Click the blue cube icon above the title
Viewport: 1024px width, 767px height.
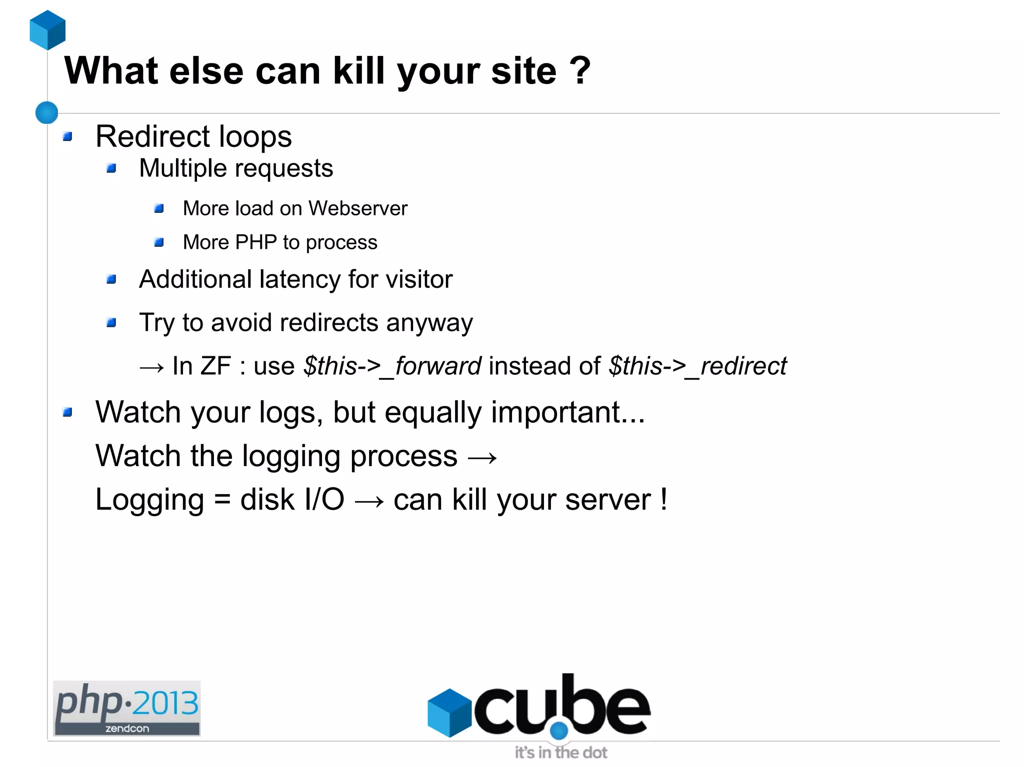[47, 30]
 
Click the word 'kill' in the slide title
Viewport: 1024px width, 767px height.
[358, 70]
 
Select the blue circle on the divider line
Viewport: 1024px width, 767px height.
[47, 112]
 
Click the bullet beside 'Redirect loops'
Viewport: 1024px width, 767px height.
[68, 136]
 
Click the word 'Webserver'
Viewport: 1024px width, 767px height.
[357, 208]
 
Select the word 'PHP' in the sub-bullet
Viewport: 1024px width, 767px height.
[255, 242]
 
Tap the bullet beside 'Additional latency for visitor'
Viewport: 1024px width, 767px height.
[111, 279]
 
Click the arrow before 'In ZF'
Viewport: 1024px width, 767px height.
[152, 367]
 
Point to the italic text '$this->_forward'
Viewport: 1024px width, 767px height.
[392, 366]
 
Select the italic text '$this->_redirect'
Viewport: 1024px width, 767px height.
[697, 366]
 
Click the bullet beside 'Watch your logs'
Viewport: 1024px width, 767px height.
[68, 412]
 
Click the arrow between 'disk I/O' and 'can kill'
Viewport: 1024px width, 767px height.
[369, 501]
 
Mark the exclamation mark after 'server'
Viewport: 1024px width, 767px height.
[663, 499]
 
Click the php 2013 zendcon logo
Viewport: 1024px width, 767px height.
[127, 708]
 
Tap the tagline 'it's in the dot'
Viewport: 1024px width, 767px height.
[561, 753]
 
